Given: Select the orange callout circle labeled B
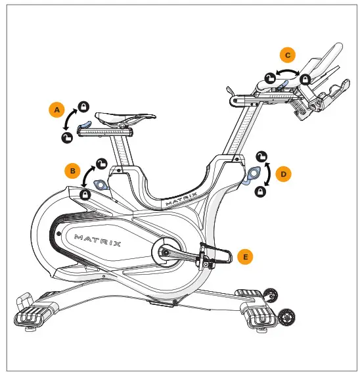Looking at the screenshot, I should tap(72, 171).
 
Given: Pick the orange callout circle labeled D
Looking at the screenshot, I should tap(284, 174).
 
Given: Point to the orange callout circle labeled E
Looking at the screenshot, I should tap(245, 257).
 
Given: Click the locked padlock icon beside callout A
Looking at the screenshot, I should tap(83, 105).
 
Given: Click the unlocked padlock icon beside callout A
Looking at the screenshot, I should tap(66, 137).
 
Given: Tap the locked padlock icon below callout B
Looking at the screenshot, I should tap(85, 195).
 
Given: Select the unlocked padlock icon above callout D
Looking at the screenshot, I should tap(261, 156).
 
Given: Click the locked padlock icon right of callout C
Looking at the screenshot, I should tap(305, 79).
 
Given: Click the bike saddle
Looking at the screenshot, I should tap(125, 118).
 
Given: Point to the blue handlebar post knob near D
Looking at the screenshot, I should tap(251, 175).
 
